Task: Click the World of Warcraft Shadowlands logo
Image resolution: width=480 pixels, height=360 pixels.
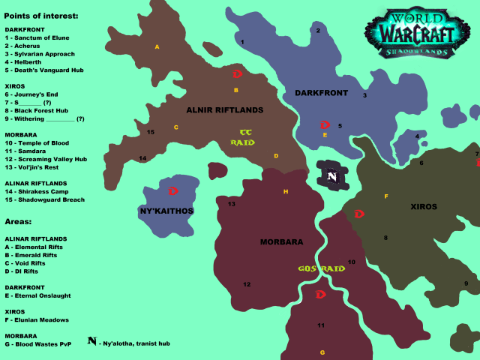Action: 424,32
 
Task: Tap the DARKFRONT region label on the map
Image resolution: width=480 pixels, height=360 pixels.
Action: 322,93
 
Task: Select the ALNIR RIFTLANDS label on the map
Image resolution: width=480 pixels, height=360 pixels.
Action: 225,110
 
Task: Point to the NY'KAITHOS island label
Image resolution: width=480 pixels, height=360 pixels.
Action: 166,211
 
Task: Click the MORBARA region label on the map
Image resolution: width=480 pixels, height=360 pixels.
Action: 281,242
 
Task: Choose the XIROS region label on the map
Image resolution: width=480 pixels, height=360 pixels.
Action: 424,206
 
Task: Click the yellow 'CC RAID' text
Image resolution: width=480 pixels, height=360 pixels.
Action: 242,137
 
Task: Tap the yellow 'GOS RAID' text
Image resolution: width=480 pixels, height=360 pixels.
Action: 321,268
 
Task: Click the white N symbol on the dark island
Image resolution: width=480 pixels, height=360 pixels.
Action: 332,176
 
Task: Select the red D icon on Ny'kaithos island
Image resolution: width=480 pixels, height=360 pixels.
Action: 173,191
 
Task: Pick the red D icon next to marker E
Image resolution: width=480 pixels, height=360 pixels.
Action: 325,125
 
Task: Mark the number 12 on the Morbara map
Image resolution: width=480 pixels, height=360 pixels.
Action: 247,284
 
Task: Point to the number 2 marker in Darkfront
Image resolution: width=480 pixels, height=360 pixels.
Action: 318,31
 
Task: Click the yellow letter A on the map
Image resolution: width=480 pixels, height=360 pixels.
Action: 157,46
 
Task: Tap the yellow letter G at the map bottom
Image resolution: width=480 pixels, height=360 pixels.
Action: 322,352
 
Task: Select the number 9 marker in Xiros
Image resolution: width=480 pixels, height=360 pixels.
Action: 466,283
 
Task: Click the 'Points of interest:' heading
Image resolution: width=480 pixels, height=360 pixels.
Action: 41,16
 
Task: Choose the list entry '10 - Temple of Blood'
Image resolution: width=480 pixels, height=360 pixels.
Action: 37,142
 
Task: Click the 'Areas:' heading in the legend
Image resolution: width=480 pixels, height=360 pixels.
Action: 18,222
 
